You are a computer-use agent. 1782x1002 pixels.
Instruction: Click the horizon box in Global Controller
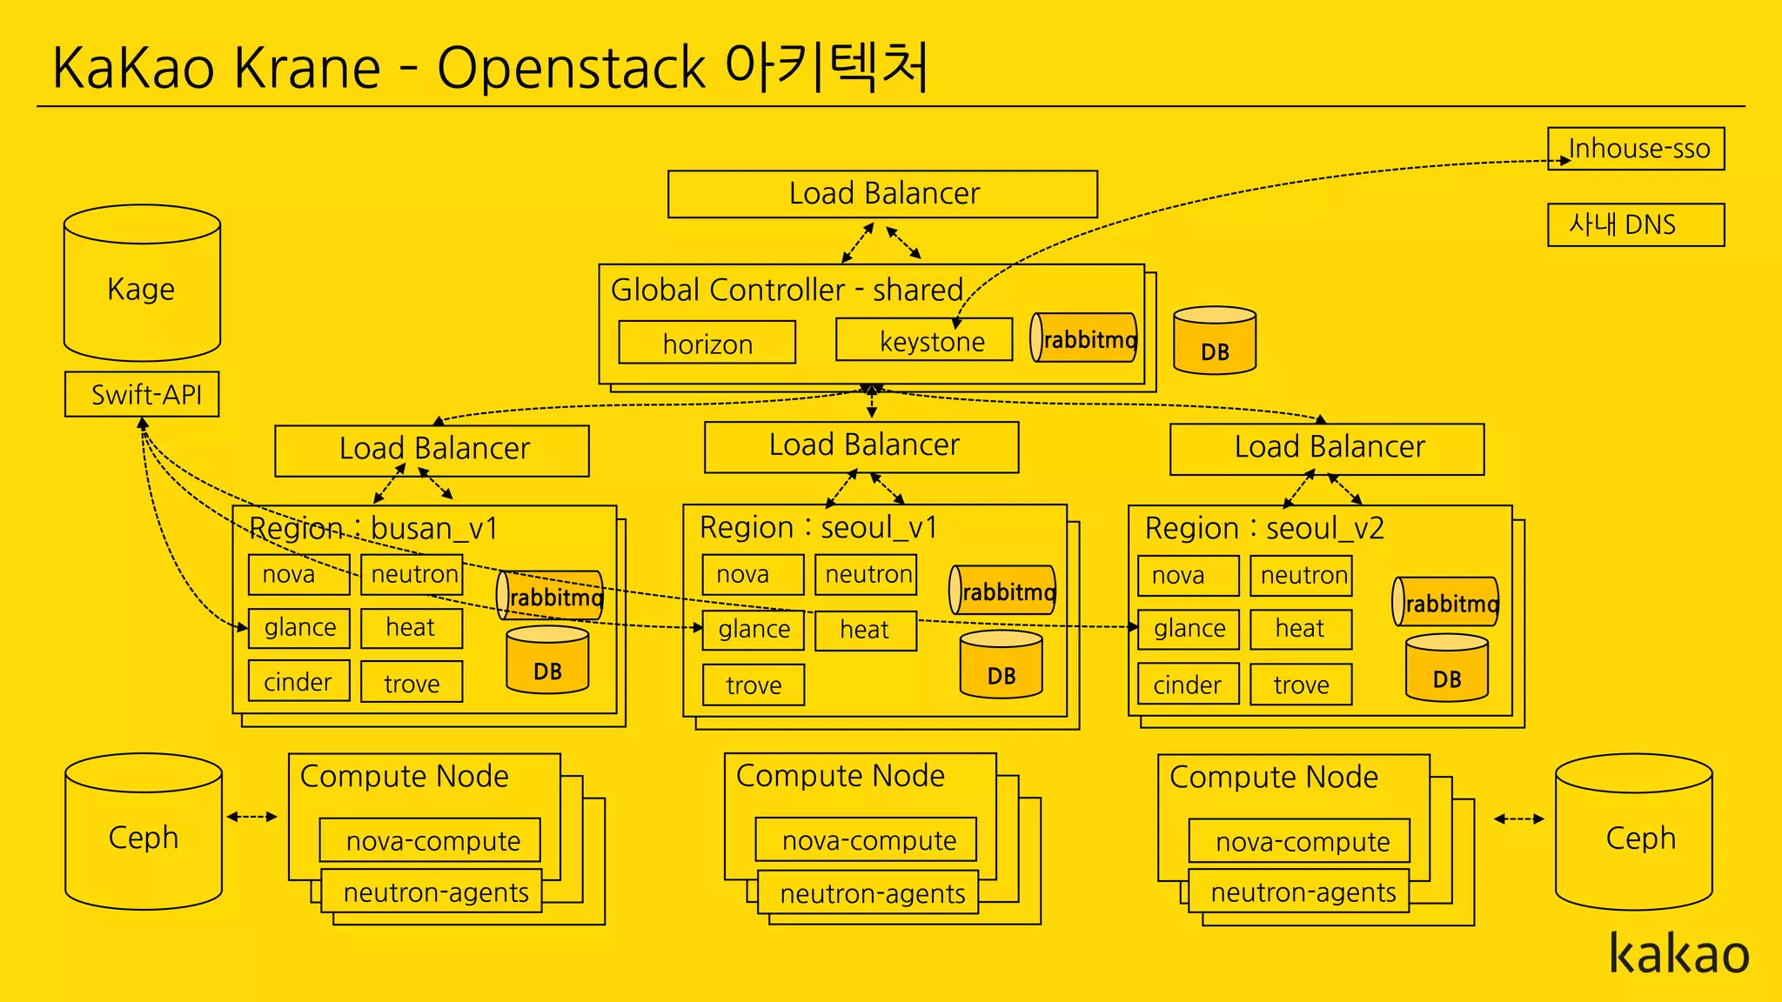tap(707, 343)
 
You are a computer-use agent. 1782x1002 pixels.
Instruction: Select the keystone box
tap(924, 340)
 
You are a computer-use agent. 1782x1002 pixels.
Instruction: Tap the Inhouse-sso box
tap(1636, 149)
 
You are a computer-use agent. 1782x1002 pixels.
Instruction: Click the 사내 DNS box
tap(1636, 225)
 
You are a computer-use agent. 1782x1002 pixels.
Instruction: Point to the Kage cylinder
tap(142, 287)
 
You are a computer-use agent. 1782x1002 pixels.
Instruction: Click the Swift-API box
tap(142, 394)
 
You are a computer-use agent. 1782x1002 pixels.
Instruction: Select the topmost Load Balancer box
tap(882, 194)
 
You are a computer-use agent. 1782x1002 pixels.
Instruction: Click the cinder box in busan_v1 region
tap(298, 681)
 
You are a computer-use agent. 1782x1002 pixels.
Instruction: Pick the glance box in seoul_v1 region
tap(754, 629)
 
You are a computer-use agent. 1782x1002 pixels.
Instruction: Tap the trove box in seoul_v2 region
tap(1301, 685)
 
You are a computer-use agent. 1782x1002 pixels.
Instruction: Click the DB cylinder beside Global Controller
tap(1215, 342)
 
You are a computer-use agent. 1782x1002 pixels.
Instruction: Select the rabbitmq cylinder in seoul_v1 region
tap(1002, 591)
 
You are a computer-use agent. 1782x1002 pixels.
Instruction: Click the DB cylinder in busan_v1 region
tap(547, 661)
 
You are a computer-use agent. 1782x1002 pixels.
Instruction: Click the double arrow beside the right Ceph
tap(1518, 818)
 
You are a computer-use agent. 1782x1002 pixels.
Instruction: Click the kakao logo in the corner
tap(1678, 954)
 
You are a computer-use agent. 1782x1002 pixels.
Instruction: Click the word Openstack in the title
tap(570, 68)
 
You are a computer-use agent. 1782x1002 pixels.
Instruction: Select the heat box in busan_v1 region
tap(411, 627)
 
